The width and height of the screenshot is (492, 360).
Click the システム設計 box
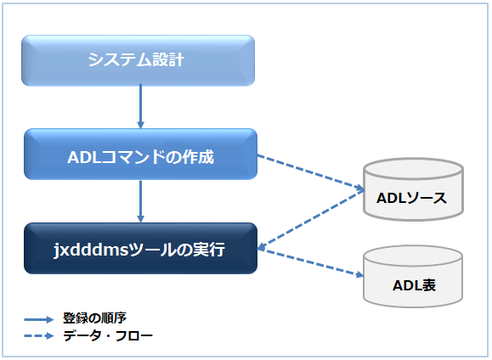138,60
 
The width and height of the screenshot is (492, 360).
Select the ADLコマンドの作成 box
140,155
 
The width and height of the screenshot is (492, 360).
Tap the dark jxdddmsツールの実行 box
140,249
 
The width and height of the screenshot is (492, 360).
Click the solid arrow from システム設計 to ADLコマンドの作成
140,107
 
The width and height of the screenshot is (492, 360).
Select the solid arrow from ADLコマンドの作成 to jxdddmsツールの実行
140,201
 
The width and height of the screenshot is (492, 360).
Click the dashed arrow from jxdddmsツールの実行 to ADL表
310,263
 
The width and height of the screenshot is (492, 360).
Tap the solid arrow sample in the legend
40,319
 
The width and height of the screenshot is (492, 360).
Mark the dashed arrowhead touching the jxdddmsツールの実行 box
263,247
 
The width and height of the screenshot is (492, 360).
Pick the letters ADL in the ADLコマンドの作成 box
82,155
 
